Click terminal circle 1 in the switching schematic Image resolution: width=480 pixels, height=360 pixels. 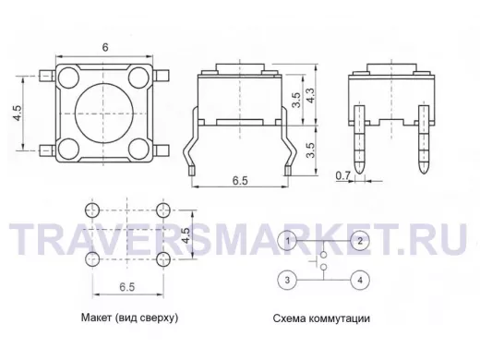(287, 241)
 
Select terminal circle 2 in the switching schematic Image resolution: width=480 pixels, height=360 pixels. (360, 241)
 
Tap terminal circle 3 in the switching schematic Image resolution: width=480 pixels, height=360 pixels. (287, 280)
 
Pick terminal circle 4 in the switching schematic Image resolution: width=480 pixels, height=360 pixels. (360, 280)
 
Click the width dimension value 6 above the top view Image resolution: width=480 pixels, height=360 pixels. (105, 47)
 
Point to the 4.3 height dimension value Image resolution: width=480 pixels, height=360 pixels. (310, 96)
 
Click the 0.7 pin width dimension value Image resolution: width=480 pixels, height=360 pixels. (342, 175)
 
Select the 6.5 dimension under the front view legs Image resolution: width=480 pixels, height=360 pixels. (240, 181)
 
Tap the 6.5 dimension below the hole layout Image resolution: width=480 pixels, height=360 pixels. (127, 287)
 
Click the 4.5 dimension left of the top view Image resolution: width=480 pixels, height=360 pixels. (17, 113)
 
